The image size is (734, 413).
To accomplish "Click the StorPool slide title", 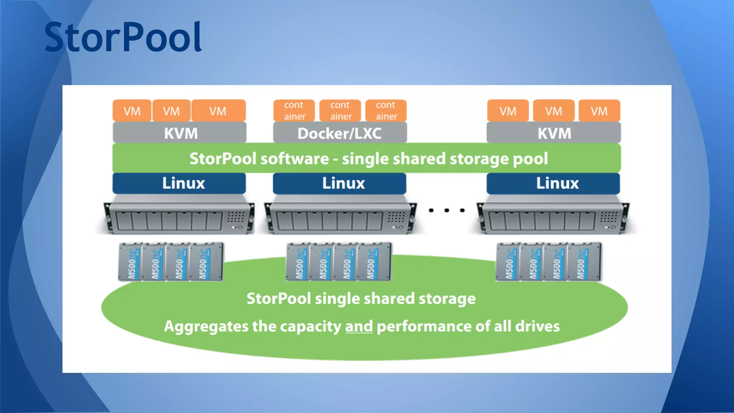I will tap(123, 37).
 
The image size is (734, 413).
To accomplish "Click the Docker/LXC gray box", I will tap(340, 133).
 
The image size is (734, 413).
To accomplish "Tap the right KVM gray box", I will tap(554, 133).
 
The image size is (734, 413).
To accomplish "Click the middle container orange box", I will tap(340, 110).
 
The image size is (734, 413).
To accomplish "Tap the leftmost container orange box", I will tap(294, 110).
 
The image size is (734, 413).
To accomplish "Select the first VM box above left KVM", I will tap(132, 111).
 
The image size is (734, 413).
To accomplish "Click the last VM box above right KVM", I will tap(599, 111).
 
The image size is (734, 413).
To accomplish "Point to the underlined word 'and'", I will tap(359, 326).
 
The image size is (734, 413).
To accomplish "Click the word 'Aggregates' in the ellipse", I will tap(206, 326).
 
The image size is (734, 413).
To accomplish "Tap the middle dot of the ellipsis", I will tap(447, 210).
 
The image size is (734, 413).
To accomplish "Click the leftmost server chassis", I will tap(178, 218).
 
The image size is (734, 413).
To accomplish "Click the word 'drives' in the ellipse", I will tap(537, 326).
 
